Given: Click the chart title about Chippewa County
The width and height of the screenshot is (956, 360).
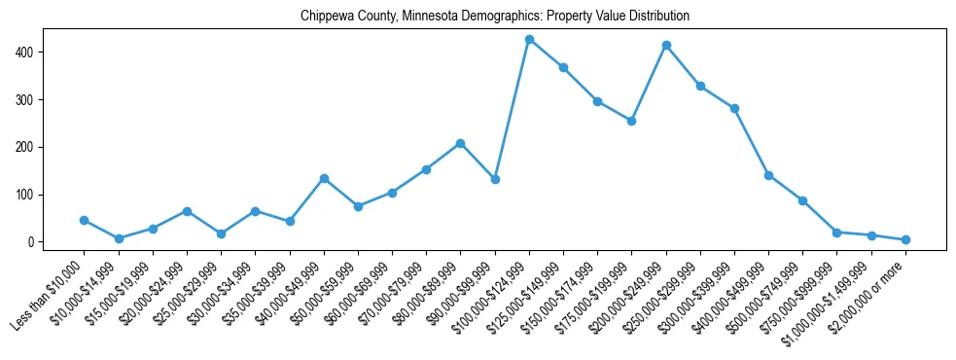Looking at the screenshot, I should click(x=495, y=16).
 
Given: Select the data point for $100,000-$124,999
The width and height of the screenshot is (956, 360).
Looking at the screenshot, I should click(x=529, y=39).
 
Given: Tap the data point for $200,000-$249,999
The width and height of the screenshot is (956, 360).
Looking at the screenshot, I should click(x=666, y=45).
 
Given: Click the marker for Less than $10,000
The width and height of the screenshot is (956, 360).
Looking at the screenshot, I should click(x=85, y=220).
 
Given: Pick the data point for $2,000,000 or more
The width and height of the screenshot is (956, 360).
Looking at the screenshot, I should click(x=905, y=239).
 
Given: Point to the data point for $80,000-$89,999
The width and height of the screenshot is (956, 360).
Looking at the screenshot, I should click(x=461, y=143).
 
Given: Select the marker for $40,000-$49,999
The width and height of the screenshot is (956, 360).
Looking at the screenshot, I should click(x=324, y=178).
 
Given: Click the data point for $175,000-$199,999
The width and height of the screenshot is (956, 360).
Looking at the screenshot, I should click(x=632, y=121).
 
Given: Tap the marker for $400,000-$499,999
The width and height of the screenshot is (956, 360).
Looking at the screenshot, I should click(x=768, y=175).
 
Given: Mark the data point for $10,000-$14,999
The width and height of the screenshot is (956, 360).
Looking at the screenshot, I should click(x=119, y=238).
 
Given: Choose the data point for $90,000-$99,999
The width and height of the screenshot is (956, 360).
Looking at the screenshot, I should click(x=495, y=179).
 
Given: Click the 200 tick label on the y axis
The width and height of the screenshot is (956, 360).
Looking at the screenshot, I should click(x=29, y=147).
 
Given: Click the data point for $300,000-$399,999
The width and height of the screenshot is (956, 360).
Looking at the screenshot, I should click(x=734, y=109).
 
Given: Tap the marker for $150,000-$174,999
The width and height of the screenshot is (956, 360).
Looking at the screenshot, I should click(x=598, y=101).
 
